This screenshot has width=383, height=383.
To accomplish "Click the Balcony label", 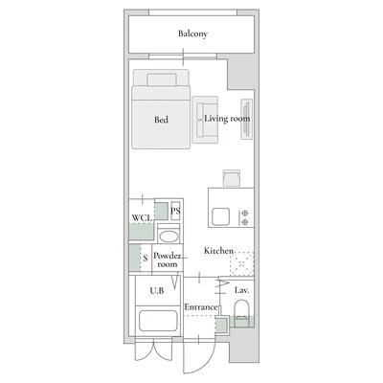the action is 192,34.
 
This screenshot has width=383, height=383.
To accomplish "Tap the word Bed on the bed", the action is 161,120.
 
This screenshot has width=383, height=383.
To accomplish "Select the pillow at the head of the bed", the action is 162,79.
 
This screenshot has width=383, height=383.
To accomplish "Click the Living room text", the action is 227,119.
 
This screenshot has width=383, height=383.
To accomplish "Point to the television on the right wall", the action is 246,119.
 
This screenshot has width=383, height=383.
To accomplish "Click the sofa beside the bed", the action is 205,120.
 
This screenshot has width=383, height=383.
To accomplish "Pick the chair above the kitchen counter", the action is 232,178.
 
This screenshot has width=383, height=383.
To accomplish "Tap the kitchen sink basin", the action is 221,216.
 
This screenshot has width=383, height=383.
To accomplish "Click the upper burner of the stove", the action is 245,214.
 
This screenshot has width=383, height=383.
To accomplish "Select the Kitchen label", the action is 218,251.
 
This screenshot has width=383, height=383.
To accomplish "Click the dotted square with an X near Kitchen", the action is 242,263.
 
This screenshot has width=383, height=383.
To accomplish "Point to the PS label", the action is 175,211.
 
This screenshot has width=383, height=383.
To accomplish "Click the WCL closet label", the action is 142,218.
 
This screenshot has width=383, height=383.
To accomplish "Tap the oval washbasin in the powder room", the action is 169,237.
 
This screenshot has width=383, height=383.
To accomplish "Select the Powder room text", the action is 168,259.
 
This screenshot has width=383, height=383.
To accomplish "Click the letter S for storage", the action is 146,258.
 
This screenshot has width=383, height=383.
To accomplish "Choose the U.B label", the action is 157,290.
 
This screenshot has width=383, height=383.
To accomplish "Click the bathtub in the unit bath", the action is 158,321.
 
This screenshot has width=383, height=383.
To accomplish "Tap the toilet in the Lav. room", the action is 241,313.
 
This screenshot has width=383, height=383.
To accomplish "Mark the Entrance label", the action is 201,307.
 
